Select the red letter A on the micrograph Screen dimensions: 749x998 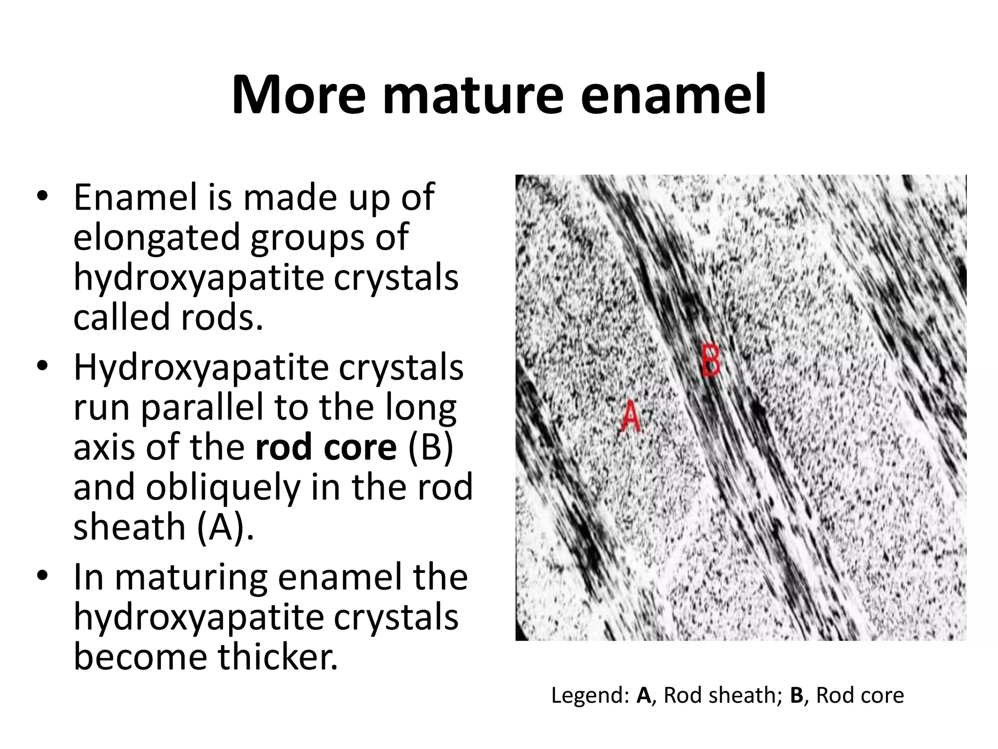(631, 417)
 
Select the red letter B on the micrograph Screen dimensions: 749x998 (711, 360)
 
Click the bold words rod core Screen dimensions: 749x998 (326, 447)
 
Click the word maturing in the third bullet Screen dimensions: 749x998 (191, 577)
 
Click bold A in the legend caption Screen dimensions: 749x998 (643, 695)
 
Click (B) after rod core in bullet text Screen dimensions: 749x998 (431, 447)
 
